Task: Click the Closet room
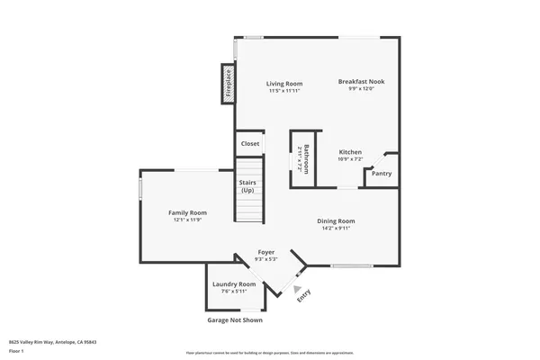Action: pos(250,143)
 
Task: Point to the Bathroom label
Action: pos(305,161)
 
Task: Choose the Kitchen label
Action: pos(350,152)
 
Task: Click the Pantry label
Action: pos(382,174)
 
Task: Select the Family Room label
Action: pos(187,212)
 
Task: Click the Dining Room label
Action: pos(336,220)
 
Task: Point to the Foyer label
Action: pos(266,252)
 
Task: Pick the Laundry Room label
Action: pos(234,284)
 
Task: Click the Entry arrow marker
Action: pos(296,288)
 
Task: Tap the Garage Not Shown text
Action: pos(235,319)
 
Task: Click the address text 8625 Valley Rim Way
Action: pos(52,342)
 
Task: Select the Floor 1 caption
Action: pos(17,352)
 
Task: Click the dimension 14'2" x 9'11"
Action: pos(336,228)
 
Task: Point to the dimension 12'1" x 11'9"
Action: pos(187,220)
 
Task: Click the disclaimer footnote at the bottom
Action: pos(270,353)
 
